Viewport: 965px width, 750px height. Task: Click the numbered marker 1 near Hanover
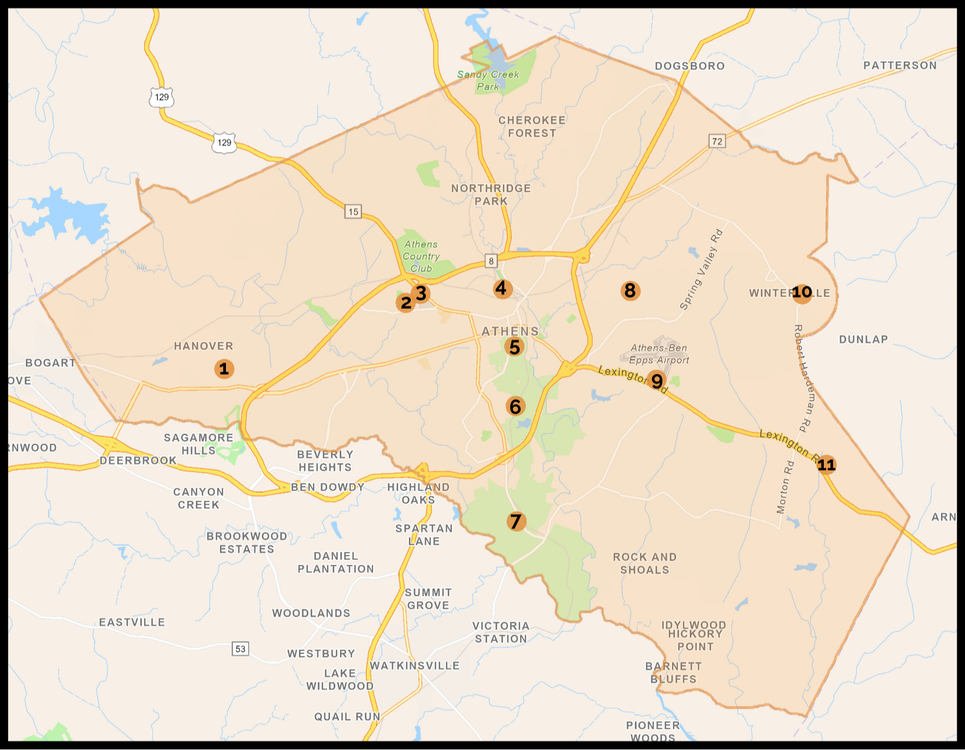[224, 369]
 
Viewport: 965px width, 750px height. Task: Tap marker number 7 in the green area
[516, 521]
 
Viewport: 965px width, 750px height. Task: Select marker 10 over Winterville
[802, 292]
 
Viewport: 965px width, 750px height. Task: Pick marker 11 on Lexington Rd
[826, 465]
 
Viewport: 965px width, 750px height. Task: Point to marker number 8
[630, 291]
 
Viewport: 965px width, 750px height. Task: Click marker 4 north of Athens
[501, 288]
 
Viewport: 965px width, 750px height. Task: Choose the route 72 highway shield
[717, 141]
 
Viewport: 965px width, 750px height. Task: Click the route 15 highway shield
[353, 212]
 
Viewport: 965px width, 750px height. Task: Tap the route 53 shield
[241, 649]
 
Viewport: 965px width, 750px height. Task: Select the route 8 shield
[491, 261]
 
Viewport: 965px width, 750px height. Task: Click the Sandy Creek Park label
[488, 81]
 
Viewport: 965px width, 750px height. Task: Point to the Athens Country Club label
[421, 256]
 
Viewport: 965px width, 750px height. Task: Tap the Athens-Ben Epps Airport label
[658, 354]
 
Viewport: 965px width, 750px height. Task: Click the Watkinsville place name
[415, 666]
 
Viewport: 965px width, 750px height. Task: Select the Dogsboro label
[690, 66]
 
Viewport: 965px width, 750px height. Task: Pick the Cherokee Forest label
[532, 126]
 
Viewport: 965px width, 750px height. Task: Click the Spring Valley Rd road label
[701, 269]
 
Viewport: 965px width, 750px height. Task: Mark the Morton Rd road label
[785, 487]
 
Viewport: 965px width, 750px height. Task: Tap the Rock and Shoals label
[645, 563]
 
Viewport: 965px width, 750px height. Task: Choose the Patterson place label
[900, 65]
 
